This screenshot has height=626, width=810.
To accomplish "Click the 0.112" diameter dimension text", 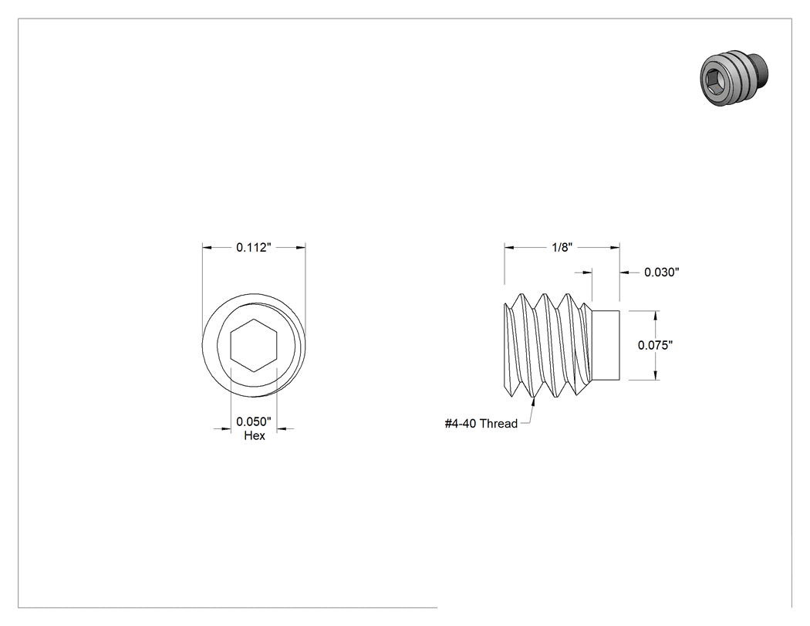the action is tap(254, 248).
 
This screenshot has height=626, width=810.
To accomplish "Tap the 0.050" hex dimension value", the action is tap(254, 421).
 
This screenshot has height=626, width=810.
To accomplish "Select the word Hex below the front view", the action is tap(254, 436).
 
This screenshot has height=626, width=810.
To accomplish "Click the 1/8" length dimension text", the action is tap(562, 248).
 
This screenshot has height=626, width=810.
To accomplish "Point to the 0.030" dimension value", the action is tap(662, 272).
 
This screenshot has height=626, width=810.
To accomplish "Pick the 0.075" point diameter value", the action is tap(656, 345).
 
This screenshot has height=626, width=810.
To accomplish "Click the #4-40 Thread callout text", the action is tap(481, 424).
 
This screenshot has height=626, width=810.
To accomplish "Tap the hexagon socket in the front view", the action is tap(254, 345).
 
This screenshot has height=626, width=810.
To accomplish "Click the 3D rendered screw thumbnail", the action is tap(734, 77).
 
